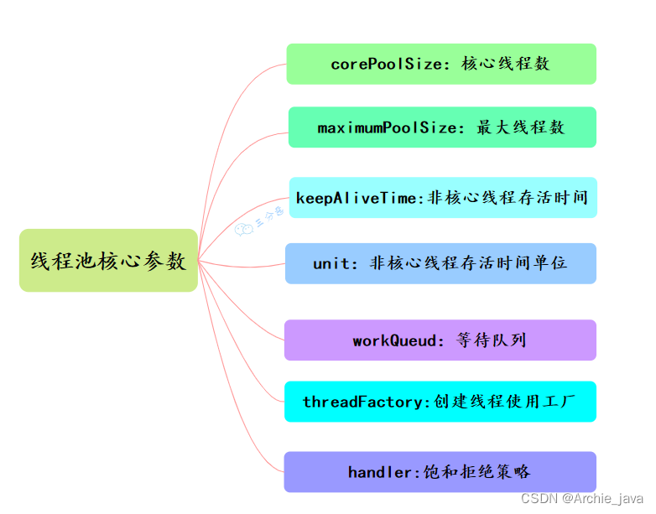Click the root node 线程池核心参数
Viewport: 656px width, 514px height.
108,261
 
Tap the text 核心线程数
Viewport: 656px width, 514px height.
506,65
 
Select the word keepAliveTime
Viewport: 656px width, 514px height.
356,199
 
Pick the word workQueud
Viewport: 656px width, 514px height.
394,340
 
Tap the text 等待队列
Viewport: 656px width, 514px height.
492,340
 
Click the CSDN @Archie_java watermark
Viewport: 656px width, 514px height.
582,499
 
